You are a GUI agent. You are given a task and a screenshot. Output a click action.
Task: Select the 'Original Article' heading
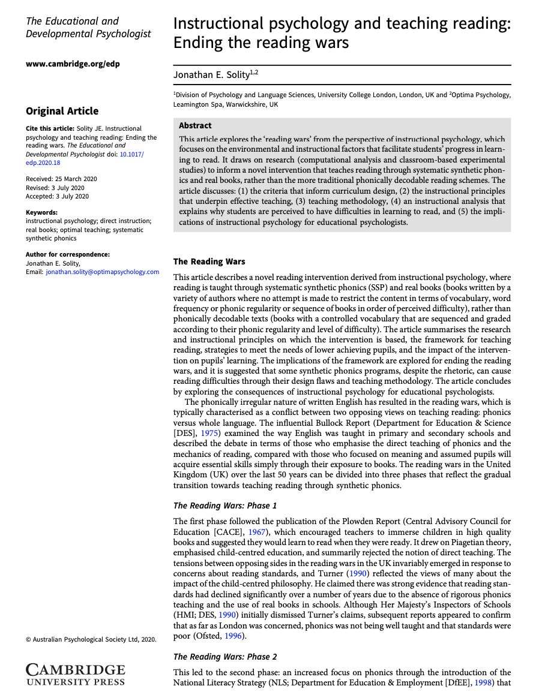(x=62, y=111)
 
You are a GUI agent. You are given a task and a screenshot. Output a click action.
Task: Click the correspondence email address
(x=102, y=272)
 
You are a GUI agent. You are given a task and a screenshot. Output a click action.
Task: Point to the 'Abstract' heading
(x=196, y=126)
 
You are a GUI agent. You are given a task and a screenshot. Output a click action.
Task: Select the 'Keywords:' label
(x=42, y=212)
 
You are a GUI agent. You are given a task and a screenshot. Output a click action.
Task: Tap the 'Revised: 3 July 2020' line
(x=53, y=187)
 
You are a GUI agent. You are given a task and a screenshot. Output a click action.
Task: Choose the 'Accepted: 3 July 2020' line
(x=57, y=195)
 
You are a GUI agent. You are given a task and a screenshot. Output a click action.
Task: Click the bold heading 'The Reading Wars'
(x=209, y=261)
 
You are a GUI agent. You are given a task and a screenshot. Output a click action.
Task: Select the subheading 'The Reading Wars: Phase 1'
(x=225, y=506)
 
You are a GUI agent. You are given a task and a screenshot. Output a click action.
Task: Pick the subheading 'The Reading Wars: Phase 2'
(x=225, y=657)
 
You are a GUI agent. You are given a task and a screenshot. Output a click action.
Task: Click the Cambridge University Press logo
(x=76, y=674)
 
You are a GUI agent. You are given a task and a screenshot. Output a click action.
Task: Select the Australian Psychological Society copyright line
(x=91, y=640)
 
